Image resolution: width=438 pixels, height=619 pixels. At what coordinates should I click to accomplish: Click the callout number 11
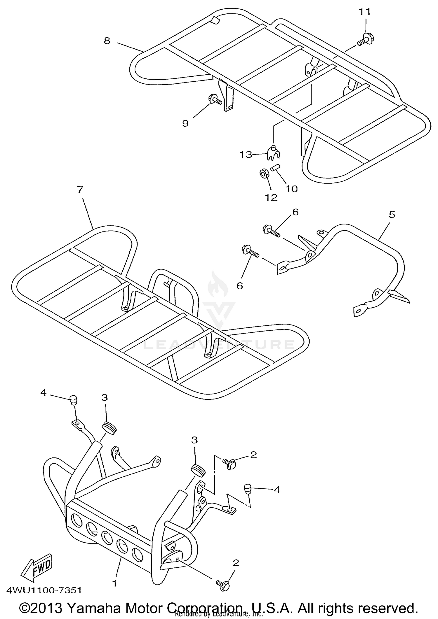[x=364, y=12]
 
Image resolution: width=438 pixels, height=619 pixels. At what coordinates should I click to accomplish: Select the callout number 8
[x=107, y=41]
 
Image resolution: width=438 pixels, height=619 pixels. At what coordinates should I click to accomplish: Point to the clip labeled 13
[x=273, y=153]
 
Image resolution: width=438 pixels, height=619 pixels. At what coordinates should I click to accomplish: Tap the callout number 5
[x=392, y=215]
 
